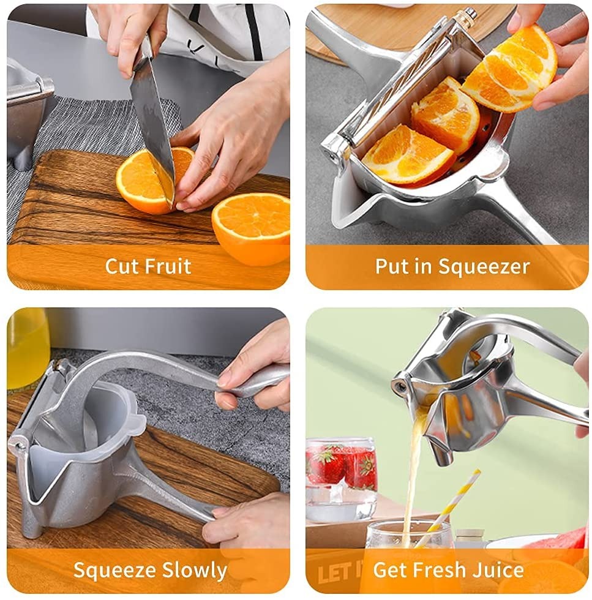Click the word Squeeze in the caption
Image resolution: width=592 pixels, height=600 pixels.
(x=113, y=571)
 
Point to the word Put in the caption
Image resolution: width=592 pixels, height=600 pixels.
(x=391, y=266)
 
